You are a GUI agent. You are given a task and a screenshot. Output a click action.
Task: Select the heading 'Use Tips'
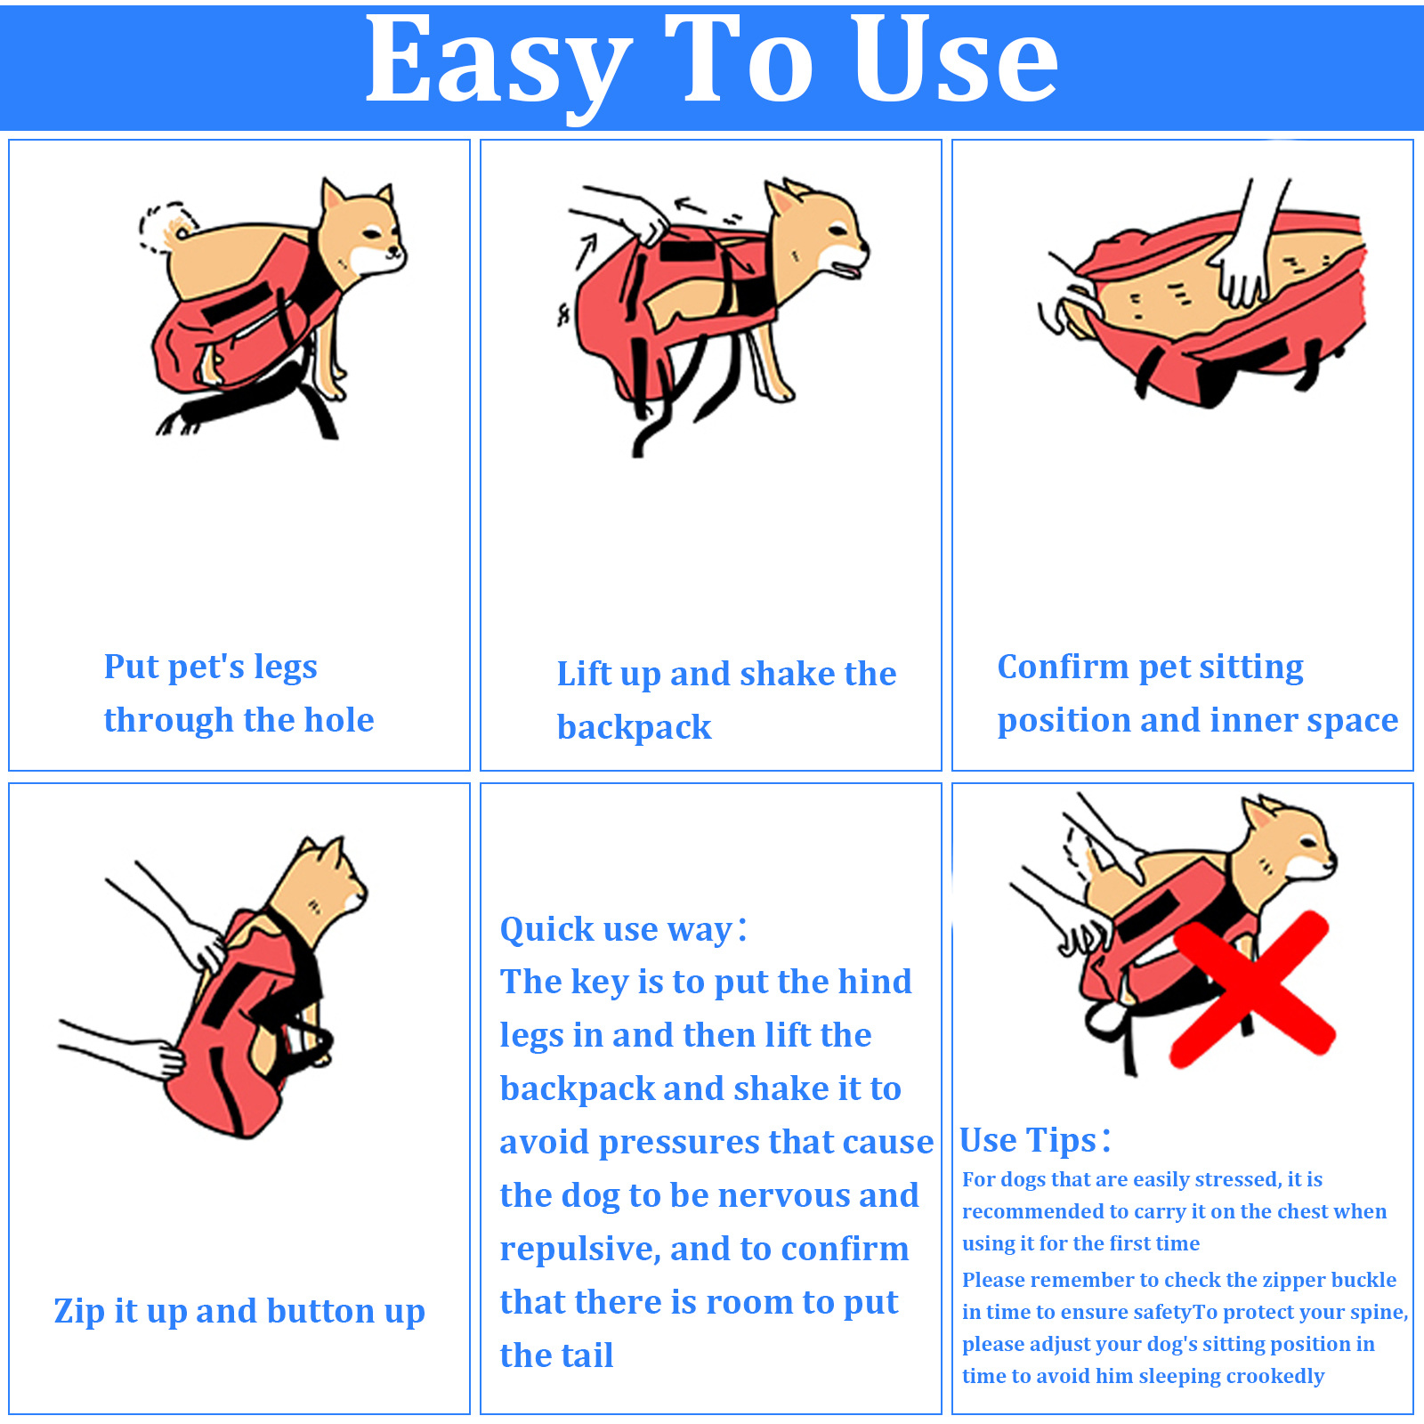[1034, 1140]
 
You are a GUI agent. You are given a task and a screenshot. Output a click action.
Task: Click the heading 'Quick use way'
[623, 929]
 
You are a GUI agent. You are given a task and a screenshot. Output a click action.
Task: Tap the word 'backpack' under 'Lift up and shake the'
[634, 728]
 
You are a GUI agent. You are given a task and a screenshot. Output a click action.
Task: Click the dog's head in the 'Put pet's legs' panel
[361, 228]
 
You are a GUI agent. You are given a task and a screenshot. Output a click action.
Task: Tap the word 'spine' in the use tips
[1379, 1313]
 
